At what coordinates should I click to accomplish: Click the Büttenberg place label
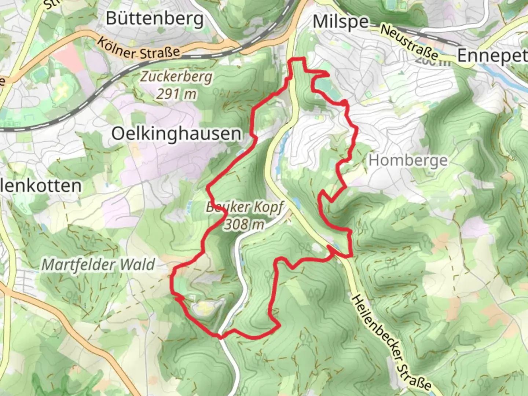[x=154, y=18]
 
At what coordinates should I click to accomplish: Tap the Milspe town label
[x=340, y=22]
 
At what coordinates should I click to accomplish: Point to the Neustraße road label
[x=408, y=42]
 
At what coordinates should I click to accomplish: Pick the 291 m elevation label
[x=176, y=94]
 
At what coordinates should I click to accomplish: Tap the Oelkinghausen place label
[x=176, y=134]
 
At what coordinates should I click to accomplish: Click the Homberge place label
[x=408, y=161]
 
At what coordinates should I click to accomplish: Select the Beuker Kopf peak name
[x=244, y=207]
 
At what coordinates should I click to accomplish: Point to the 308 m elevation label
[x=244, y=224]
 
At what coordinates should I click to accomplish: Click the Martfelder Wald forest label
[x=98, y=265]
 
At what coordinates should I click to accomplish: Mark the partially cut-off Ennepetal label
[x=491, y=56]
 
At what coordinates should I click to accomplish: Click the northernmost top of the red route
[x=298, y=59]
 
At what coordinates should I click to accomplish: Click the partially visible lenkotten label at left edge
[x=40, y=186]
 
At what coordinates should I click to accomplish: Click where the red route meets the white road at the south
[x=219, y=335]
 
